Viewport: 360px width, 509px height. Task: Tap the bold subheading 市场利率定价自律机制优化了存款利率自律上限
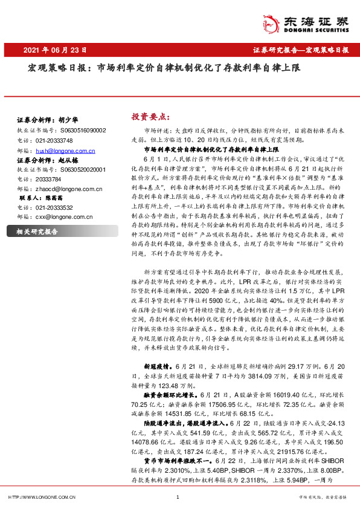click(210, 148)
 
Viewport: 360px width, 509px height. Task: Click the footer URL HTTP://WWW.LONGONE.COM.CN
click(41, 498)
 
